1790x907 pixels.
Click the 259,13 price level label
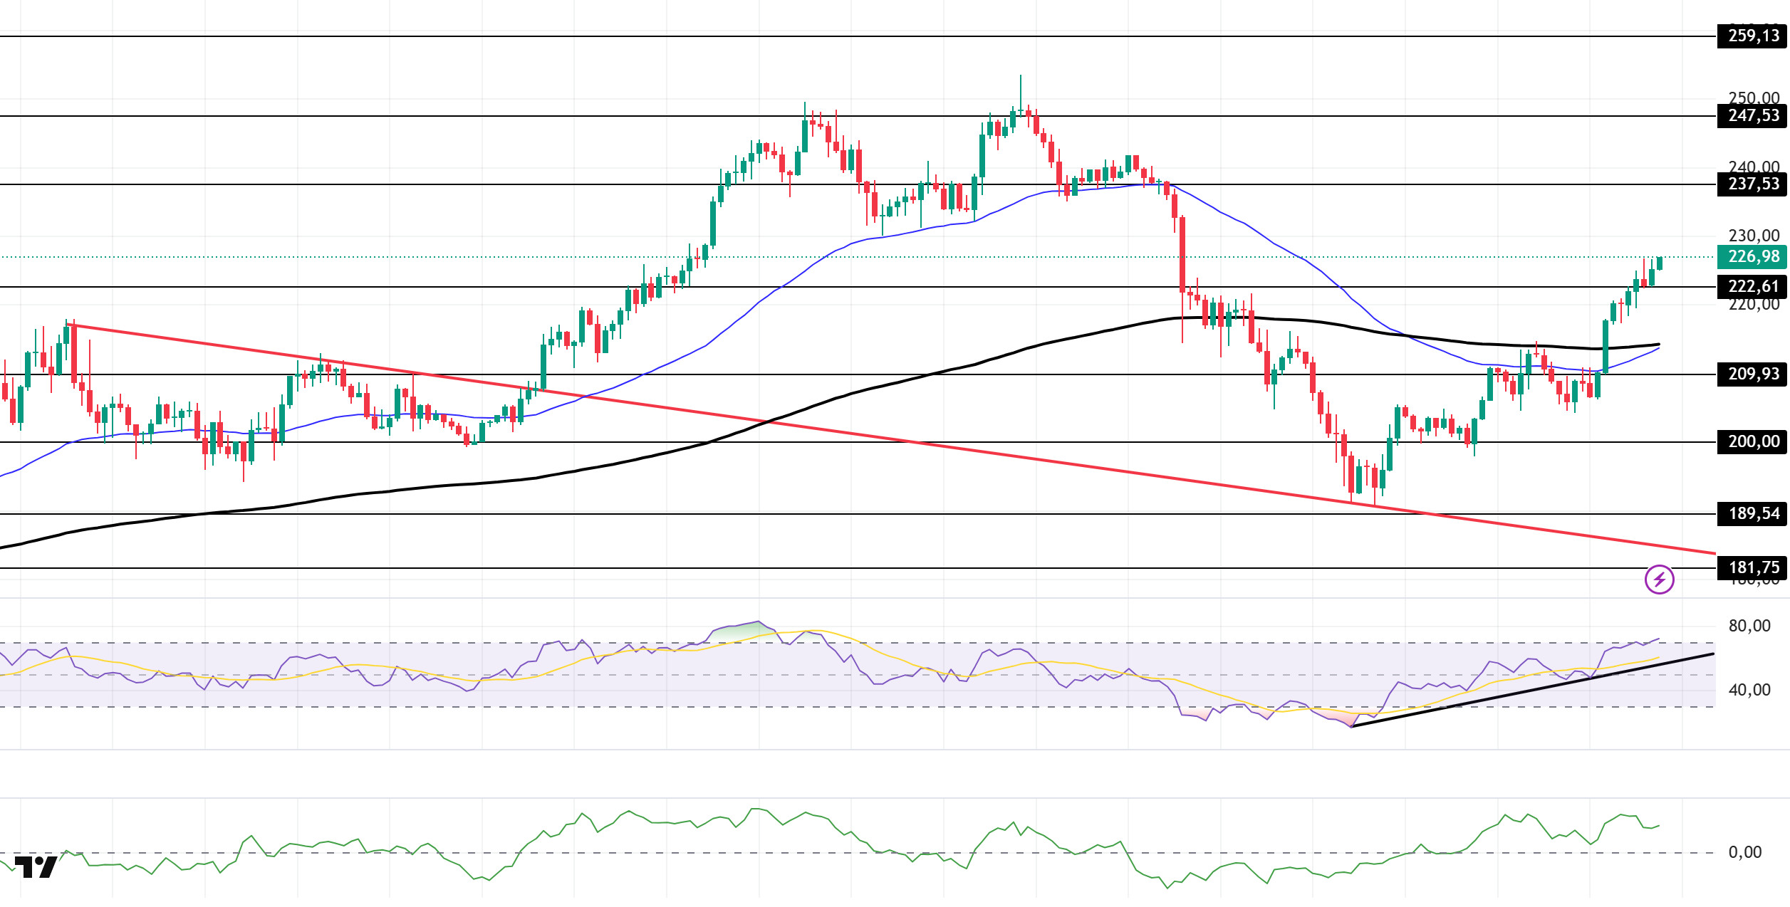pos(1752,36)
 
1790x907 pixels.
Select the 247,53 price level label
pos(1752,115)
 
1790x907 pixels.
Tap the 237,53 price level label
pos(1752,184)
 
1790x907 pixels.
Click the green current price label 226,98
pos(1752,256)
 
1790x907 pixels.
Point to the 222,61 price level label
pos(1752,286)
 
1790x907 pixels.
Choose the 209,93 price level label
pos(1752,374)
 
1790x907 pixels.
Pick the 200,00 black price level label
pos(1752,441)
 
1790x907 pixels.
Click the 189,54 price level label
pos(1752,513)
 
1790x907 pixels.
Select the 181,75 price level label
pos(1752,567)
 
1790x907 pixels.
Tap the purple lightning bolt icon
pos(1659,580)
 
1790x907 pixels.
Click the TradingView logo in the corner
pos(36,867)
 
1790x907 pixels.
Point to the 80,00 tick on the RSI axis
pos(1749,626)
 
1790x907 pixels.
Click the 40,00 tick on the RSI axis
pos(1749,690)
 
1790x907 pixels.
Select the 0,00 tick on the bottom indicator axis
pos(1744,852)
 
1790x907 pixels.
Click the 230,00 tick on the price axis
pos(1753,236)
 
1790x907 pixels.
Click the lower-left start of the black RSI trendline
pos(1351,726)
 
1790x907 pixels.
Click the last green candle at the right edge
pos(1659,263)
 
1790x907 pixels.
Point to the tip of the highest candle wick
pos(1020,75)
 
